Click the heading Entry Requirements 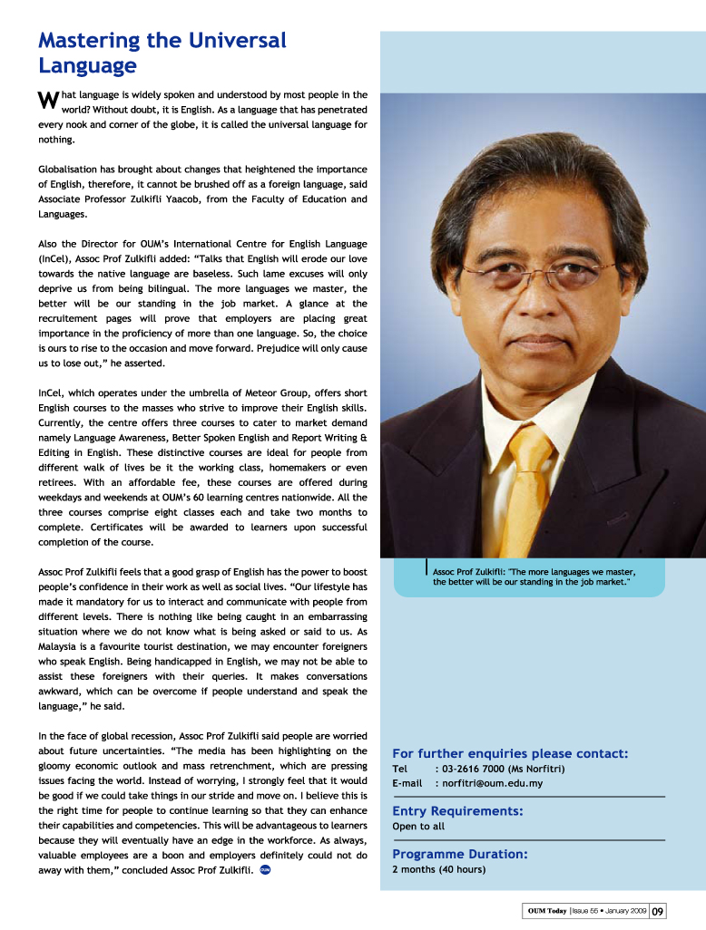[x=457, y=811]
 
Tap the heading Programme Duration [x=460, y=854]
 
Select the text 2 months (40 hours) [x=438, y=869]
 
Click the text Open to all [x=418, y=827]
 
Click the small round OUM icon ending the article [x=265, y=870]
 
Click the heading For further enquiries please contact [x=510, y=753]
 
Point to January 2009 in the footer [x=623, y=910]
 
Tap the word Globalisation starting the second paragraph [x=73, y=170]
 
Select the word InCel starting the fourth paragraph [x=50, y=393]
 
